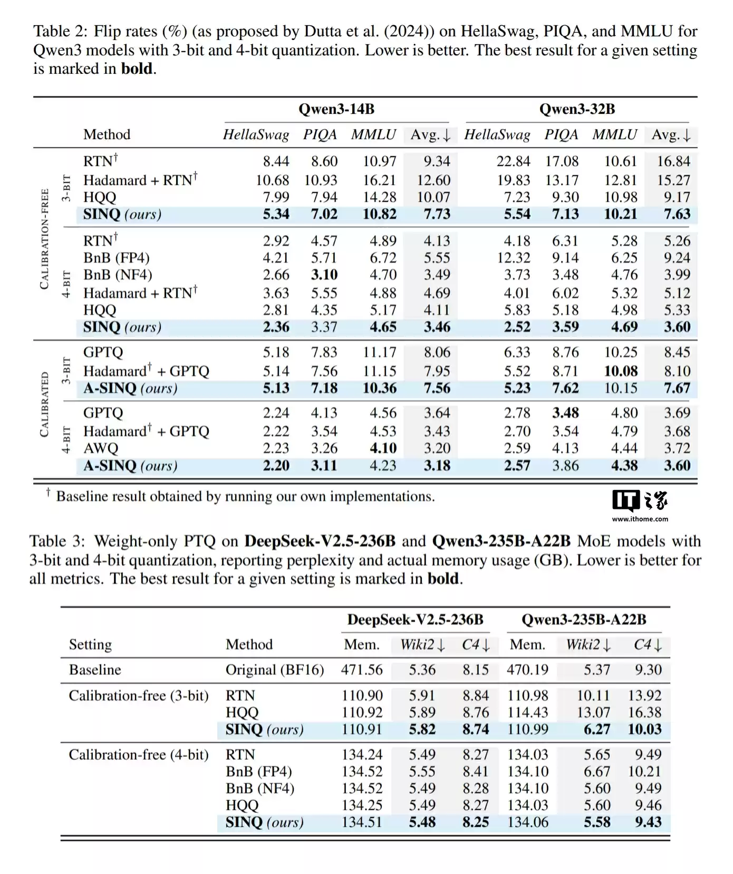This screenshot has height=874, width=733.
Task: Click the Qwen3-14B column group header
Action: pos(336,109)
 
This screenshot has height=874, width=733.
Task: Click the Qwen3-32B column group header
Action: pos(577,109)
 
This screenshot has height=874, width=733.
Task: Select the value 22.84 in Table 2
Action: pos(513,161)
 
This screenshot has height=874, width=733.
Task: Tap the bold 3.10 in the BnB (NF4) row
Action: pos(324,274)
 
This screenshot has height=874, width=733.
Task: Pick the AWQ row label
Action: pos(101,448)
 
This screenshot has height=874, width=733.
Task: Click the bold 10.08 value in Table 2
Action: pos(620,371)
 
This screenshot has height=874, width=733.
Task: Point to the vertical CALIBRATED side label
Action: pos(44,404)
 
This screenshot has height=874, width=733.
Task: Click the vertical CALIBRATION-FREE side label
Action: pos(44,239)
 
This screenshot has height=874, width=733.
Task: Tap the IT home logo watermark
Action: pos(640,500)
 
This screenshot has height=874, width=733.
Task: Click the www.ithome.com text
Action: pos(640,519)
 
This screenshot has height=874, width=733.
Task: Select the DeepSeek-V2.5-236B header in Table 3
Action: pos(415,620)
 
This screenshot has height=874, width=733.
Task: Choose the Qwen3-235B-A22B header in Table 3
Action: pos(584,620)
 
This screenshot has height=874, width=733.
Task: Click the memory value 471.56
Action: pos(362,670)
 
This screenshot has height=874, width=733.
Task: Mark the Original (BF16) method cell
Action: pos(275,670)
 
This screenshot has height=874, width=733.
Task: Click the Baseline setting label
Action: pos(95,670)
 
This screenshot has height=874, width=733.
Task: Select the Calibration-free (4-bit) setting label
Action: pos(139,754)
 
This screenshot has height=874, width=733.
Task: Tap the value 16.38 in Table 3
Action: pos(644,712)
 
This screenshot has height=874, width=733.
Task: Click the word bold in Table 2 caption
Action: pos(137,69)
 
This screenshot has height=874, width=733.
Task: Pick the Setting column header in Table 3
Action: pos(90,644)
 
